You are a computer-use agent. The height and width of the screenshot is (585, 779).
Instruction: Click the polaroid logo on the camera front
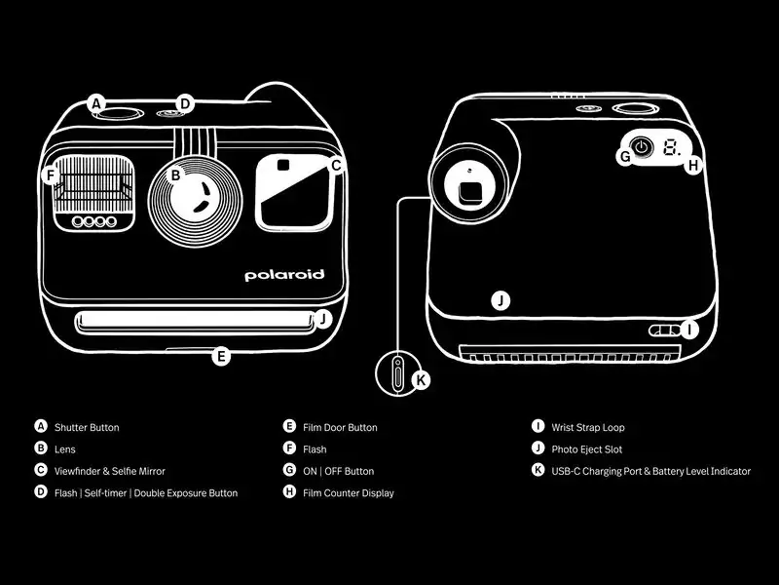tap(284, 276)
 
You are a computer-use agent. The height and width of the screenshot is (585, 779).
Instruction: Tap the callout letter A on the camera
tap(95, 103)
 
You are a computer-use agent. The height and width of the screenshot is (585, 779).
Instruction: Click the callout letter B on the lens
tap(176, 175)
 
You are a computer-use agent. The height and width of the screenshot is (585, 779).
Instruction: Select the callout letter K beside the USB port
tap(421, 380)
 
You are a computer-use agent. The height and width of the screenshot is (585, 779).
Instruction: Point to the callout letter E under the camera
tap(221, 357)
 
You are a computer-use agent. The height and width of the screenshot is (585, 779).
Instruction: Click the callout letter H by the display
tap(692, 166)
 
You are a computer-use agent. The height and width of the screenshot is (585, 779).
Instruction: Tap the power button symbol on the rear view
tap(642, 149)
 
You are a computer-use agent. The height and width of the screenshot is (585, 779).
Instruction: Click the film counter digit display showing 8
tap(671, 149)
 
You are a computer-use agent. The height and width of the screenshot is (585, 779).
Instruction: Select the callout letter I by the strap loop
tap(689, 330)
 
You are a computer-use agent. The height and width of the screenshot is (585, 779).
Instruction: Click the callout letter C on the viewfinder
tap(336, 166)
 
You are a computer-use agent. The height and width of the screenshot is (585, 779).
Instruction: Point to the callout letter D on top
tap(186, 103)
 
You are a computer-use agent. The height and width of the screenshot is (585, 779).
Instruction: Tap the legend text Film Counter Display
tap(349, 493)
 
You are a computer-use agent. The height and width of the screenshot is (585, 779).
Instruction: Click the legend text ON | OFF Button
tap(338, 471)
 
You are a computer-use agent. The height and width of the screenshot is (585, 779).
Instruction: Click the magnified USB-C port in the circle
tap(397, 373)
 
